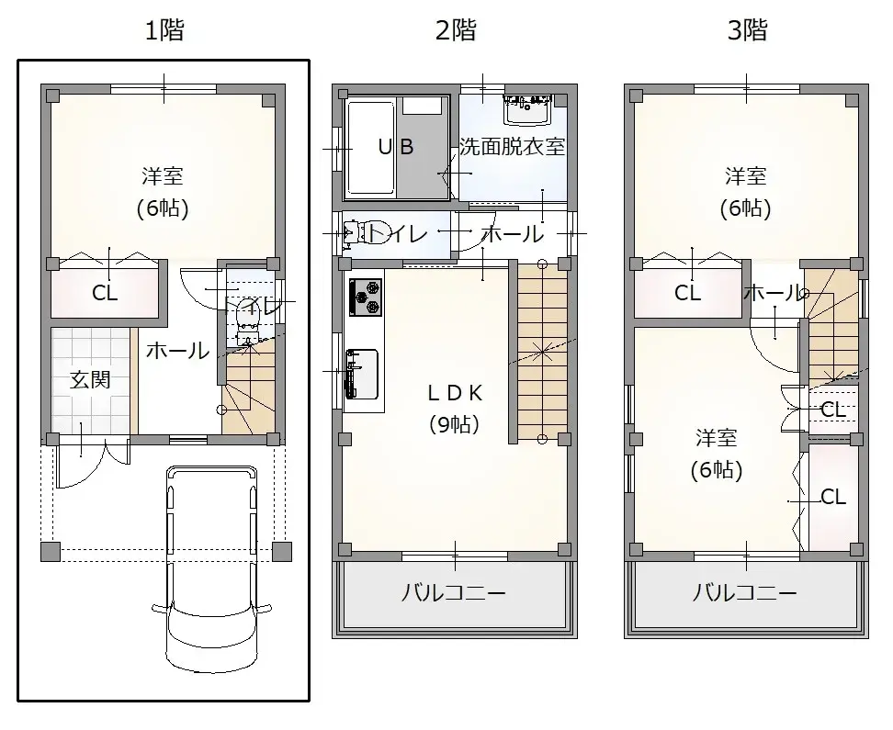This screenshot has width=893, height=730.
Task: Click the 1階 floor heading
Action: pos(164,29)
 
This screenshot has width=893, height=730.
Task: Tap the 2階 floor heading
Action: pos(456,29)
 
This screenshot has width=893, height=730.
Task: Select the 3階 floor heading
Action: pos(747,29)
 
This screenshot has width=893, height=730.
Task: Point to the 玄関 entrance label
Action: pos(90,380)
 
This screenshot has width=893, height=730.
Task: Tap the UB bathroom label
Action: pos(396,147)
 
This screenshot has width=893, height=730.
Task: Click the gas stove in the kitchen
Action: pos(365,297)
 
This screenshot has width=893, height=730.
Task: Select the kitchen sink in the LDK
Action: pos(362,374)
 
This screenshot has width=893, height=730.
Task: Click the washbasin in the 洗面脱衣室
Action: pos(526,109)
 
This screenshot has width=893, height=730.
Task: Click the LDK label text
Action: pos(455,393)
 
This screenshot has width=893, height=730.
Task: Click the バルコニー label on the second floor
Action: pos(454,593)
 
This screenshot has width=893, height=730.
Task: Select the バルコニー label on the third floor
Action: pos(744,593)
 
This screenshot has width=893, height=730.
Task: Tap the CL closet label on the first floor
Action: pos(105,293)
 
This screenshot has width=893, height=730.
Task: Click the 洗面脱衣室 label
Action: pos(512,147)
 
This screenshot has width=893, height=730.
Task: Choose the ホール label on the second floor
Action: pos(513,233)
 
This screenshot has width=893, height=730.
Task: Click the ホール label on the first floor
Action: pos(177,351)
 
